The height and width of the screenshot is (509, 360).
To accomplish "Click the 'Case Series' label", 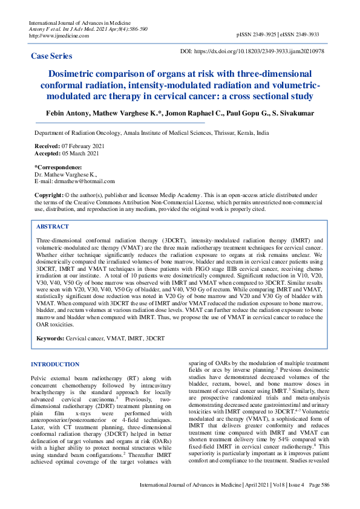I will [51, 56].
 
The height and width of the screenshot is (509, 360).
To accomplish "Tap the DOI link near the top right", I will [264, 52].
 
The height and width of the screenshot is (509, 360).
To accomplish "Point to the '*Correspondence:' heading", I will [58, 167].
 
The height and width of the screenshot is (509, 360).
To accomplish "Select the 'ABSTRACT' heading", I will [53, 227].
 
